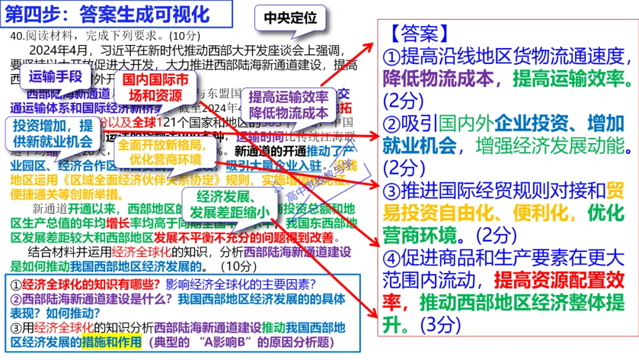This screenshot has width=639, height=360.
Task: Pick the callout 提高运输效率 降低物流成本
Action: (288, 104)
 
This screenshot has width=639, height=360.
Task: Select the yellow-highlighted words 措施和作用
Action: (112, 342)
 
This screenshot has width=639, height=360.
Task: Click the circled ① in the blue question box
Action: (17, 284)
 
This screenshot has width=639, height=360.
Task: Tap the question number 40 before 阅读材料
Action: (17, 35)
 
